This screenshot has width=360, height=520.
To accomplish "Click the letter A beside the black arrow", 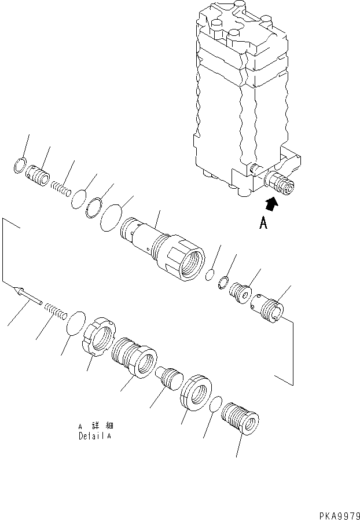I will point(263,223).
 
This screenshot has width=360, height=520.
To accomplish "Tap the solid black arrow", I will point(271,203).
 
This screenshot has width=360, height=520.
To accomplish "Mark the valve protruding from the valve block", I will point(280,183).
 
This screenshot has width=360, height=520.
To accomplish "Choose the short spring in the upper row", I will point(61,187).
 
